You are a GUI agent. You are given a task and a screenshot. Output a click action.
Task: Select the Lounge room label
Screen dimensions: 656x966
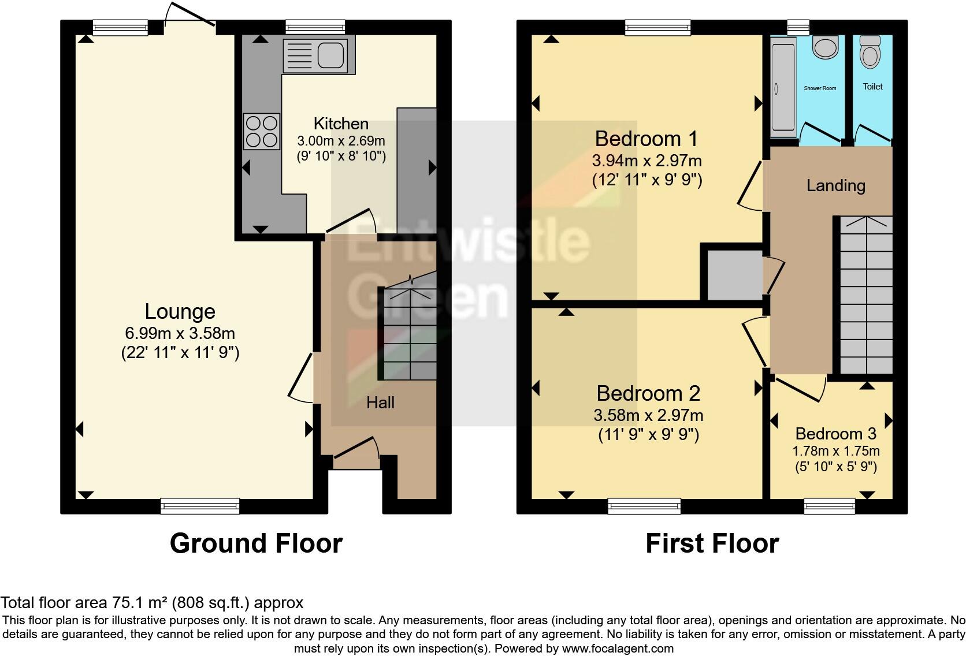tap(180, 311)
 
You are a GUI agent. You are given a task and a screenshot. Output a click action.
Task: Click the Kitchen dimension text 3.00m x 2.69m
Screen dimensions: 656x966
tap(341, 140)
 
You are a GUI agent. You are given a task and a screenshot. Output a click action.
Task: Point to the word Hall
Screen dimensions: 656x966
tap(380, 402)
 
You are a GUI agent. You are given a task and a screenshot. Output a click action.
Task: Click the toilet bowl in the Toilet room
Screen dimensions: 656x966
tap(870, 53)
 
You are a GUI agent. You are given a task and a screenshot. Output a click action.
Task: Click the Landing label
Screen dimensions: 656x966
tap(835, 185)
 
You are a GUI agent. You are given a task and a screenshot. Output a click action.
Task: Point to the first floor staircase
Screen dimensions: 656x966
tap(865, 295)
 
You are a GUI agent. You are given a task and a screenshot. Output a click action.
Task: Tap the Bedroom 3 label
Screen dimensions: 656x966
tap(835, 434)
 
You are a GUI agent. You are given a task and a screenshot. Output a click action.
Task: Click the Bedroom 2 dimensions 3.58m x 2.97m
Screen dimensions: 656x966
tap(648, 415)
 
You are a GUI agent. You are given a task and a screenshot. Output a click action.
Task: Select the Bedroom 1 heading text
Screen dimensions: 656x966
tap(647, 139)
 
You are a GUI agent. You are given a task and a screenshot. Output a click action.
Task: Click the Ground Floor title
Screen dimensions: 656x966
tap(256, 543)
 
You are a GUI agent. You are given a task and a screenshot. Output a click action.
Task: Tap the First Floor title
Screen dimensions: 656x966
tap(712, 543)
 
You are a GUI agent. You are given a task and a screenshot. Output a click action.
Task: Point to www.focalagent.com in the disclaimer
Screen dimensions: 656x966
tap(617, 648)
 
